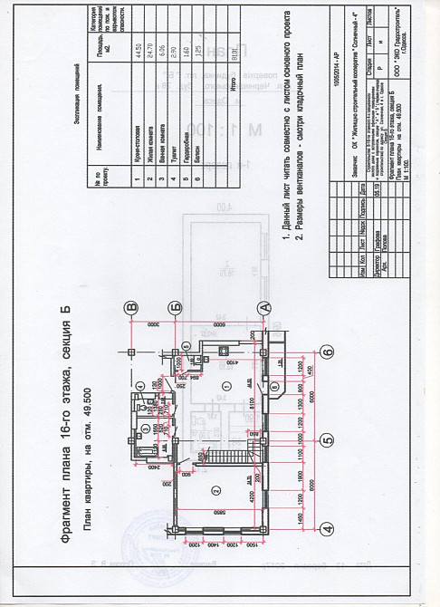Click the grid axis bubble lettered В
click(x=131, y=307)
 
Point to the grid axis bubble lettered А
click(x=265, y=307)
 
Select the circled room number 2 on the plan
click(x=216, y=490)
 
